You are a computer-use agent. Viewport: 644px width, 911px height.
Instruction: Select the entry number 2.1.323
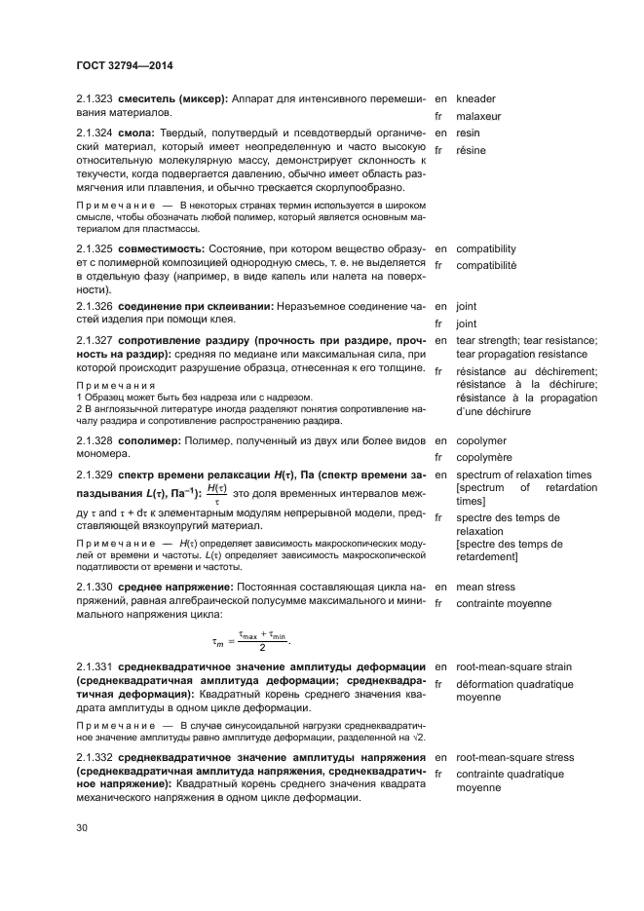(95, 98)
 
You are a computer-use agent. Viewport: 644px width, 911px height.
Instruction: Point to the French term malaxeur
(481, 116)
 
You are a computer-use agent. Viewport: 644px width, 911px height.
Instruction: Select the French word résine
(474, 150)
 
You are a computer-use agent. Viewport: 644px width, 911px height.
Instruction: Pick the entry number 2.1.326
(95, 306)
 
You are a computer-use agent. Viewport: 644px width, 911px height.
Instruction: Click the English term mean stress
(486, 588)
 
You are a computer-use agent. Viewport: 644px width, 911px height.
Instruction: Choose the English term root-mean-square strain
(513, 667)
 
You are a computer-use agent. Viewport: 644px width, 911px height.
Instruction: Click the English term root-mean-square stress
(513, 757)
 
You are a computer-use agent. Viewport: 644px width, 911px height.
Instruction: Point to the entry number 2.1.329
(95, 474)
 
